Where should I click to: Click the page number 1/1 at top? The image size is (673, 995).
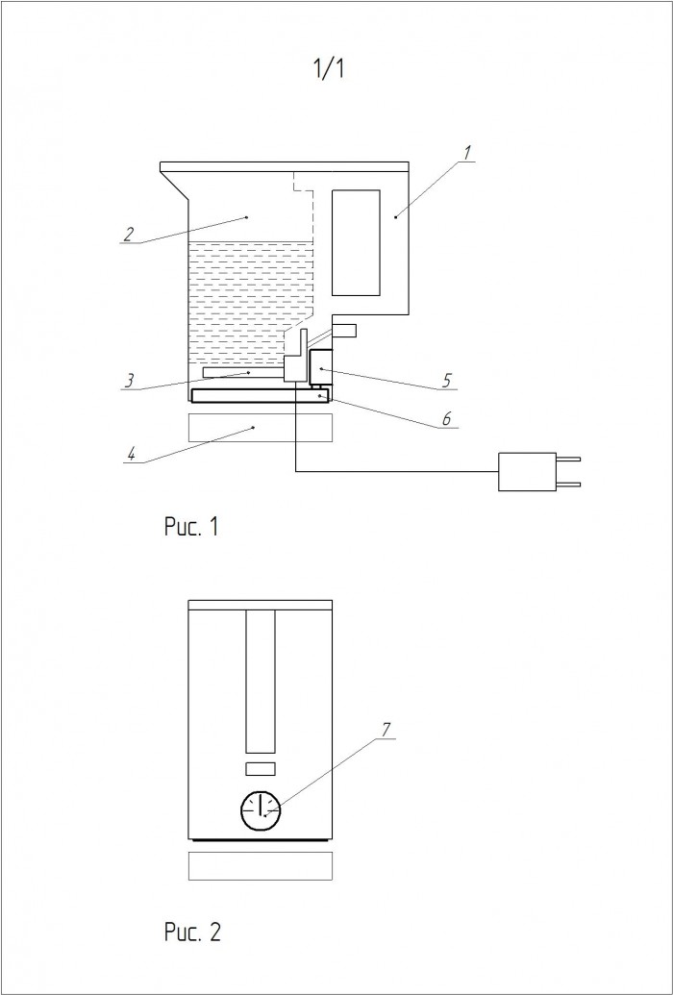click(x=329, y=68)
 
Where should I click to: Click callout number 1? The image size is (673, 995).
click(x=466, y=154)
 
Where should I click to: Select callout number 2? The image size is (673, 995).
click(x=128, y=235)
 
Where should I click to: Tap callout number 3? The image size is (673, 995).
click(x=130, y=380)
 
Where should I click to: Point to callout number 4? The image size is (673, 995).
click(x=447, y=382)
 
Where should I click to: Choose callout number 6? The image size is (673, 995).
click(x=386, y=731)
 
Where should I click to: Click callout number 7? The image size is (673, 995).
click(x=191, y=527)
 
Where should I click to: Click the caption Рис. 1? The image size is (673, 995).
click(x=192, y=933)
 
